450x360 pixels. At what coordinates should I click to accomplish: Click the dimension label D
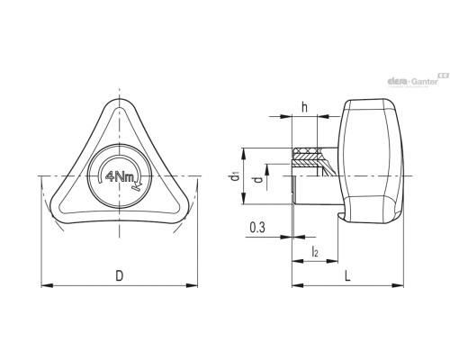(x=120, y=275)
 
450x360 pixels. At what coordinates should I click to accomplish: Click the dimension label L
(x=347, y=275)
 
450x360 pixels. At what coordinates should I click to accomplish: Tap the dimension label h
(x=304, y=107)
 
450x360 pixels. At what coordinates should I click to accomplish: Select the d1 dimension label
(x=235, y=176)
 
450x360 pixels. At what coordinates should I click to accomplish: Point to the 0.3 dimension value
(x=257, y=228)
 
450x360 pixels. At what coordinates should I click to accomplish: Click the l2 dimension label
(x=315, y=251)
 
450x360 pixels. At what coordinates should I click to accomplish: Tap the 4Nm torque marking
(x=120, y=176)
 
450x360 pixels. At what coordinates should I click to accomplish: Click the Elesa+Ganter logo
(x=418, y=80)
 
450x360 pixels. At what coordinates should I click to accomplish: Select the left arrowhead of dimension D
(x=47, y=285)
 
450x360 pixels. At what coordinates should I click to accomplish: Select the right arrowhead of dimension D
(x=192, y=285)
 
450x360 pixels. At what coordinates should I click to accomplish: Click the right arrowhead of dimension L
(x=398, y=285)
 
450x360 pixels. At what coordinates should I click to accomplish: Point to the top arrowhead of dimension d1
(x=244, y=153)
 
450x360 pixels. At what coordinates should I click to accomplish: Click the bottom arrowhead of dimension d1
(x=244, y=199)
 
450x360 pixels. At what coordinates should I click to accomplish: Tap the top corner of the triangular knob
(x=120, y=99)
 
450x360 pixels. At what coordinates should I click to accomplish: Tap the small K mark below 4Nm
(x=137, y=187)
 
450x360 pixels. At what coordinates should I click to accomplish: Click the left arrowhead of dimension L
(x=298, y=285)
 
